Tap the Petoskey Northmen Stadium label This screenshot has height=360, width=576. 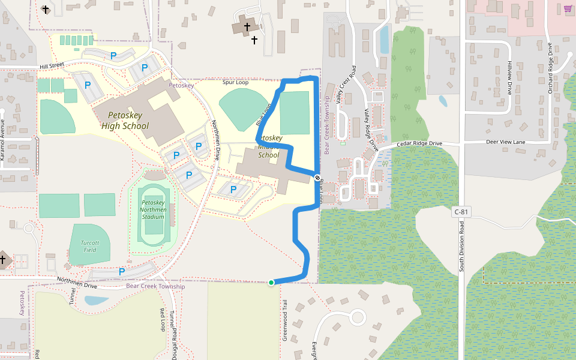[152, 209]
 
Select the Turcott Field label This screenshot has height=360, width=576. [90, 246]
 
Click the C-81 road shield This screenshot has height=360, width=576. [461, 212]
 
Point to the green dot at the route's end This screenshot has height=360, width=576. [271, 283]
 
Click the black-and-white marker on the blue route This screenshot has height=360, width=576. [317, 177]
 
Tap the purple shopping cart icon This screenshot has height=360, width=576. [568, 8]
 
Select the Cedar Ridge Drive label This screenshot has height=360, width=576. [419, 144]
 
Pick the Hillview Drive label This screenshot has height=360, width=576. [510, 78]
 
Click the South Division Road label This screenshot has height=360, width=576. [461, 246]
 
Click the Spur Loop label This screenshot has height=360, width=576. [235, 82]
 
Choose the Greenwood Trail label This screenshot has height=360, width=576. [286, 321]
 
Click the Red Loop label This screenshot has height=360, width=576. [162, 320]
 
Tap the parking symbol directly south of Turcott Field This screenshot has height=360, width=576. [122, 271]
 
